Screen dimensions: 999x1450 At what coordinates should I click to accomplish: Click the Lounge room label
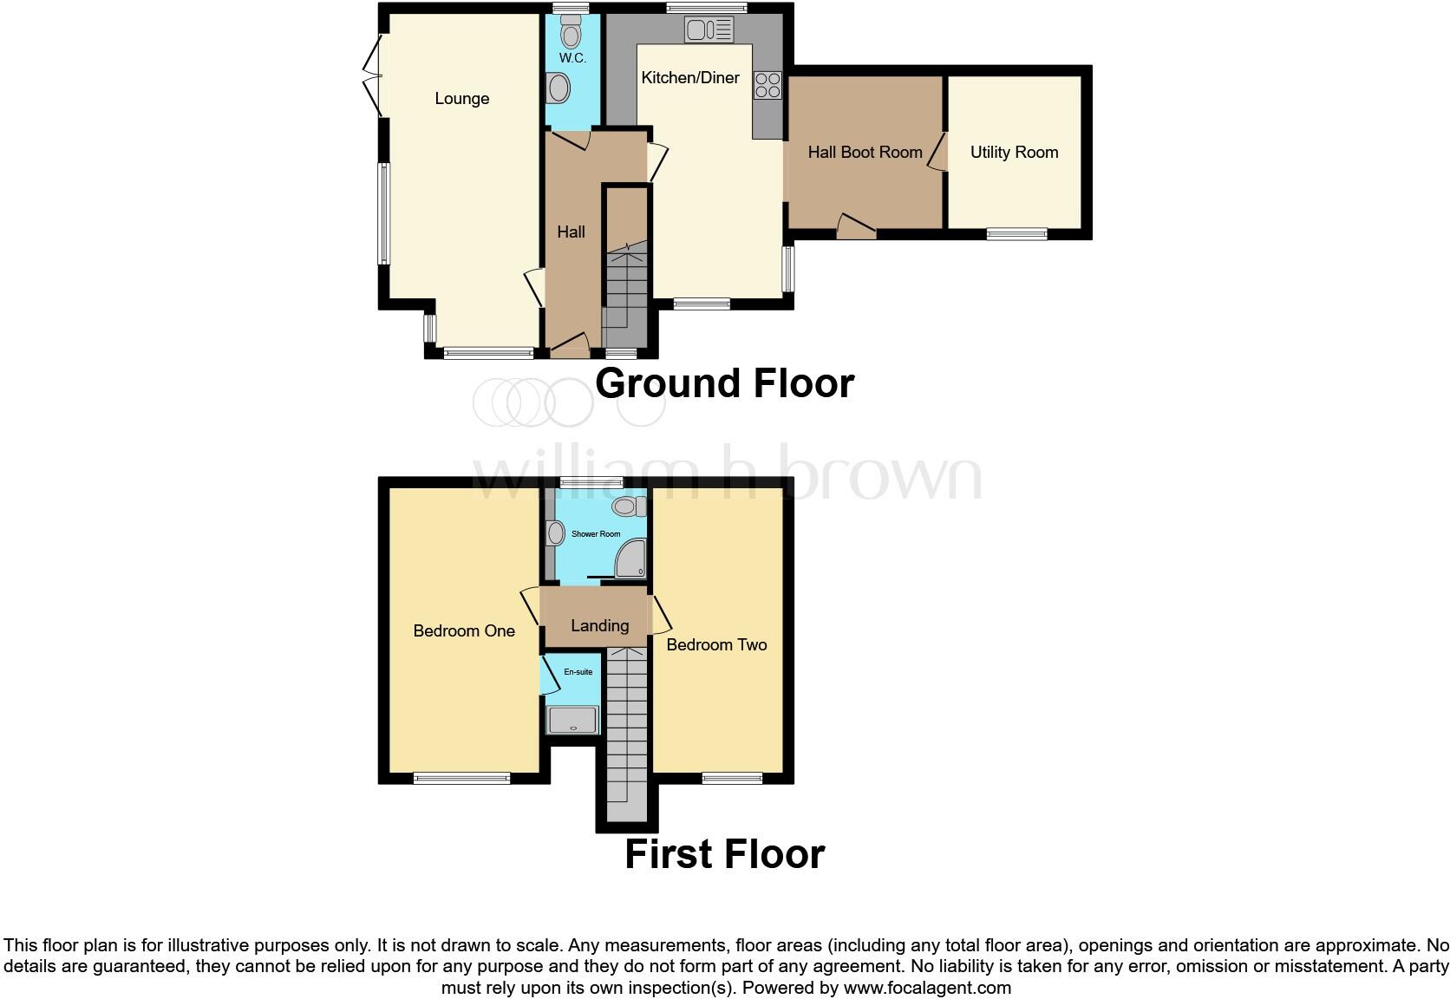point(461,99)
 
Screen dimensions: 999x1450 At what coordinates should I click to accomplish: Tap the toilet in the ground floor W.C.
point(570,34)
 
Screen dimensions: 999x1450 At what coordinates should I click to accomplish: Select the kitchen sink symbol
point(709,31)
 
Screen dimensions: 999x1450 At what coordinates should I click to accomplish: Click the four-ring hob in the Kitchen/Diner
point(767,85)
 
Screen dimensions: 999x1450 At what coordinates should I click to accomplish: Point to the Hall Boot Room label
point(865,153)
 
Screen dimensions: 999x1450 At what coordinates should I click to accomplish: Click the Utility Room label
point(1014,153)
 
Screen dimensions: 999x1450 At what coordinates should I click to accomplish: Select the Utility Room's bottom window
point(1016,233)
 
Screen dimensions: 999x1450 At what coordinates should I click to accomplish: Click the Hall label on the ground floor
point(571,232)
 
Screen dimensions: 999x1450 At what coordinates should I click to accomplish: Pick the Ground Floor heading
point(724,383)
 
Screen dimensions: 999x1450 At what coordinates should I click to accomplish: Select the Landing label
point(599,625)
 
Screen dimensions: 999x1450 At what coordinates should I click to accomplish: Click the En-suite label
point(578,672)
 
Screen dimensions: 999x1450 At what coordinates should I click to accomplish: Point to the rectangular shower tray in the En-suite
point(572,721)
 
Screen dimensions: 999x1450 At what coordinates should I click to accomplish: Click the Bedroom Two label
point(716,644)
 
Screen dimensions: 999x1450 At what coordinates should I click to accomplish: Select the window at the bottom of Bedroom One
point(461,779)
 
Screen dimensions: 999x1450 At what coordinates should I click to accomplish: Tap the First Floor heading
point(724,854)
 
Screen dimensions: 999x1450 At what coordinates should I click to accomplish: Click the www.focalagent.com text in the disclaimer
point(926,987)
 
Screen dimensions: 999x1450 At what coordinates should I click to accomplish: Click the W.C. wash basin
point(558,88)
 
